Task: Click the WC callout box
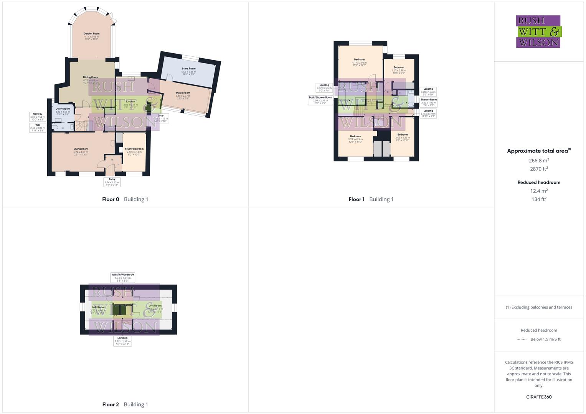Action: (38, 128)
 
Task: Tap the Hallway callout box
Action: (38, 117)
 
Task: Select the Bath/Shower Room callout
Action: (320, 100)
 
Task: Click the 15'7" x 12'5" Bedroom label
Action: (359, 62)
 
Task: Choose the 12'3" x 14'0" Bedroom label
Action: (355, 139)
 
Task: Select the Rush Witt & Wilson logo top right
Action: (538, 31)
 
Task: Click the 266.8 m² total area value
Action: (539, 161)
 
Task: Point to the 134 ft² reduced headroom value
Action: (539, 199)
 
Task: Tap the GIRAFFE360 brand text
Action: (539, 397)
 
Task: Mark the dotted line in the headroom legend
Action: (522, 339)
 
